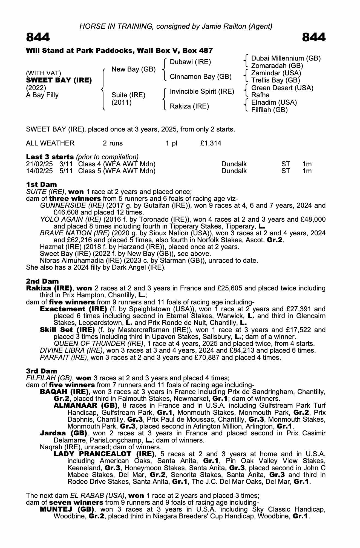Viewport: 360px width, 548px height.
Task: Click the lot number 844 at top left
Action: (38, 37)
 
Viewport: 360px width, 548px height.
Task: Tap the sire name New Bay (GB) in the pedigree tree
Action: (133, 69)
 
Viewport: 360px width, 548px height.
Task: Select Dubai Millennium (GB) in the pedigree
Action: (286, 58)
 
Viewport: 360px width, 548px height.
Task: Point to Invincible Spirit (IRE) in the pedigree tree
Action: (202, 92)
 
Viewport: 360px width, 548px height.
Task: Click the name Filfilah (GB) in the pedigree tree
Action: (269, 110)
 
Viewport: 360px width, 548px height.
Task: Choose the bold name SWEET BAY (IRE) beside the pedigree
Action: (59, 81)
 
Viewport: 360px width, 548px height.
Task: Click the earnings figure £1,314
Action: (211, 143)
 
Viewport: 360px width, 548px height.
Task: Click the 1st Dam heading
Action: (41, 184)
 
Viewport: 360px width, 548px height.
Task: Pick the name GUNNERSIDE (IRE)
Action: (72, 206)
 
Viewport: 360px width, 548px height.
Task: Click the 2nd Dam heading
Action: (42, 281)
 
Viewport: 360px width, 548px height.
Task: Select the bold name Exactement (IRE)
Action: (73, 309)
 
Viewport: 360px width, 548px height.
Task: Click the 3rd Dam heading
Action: (42, 371)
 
